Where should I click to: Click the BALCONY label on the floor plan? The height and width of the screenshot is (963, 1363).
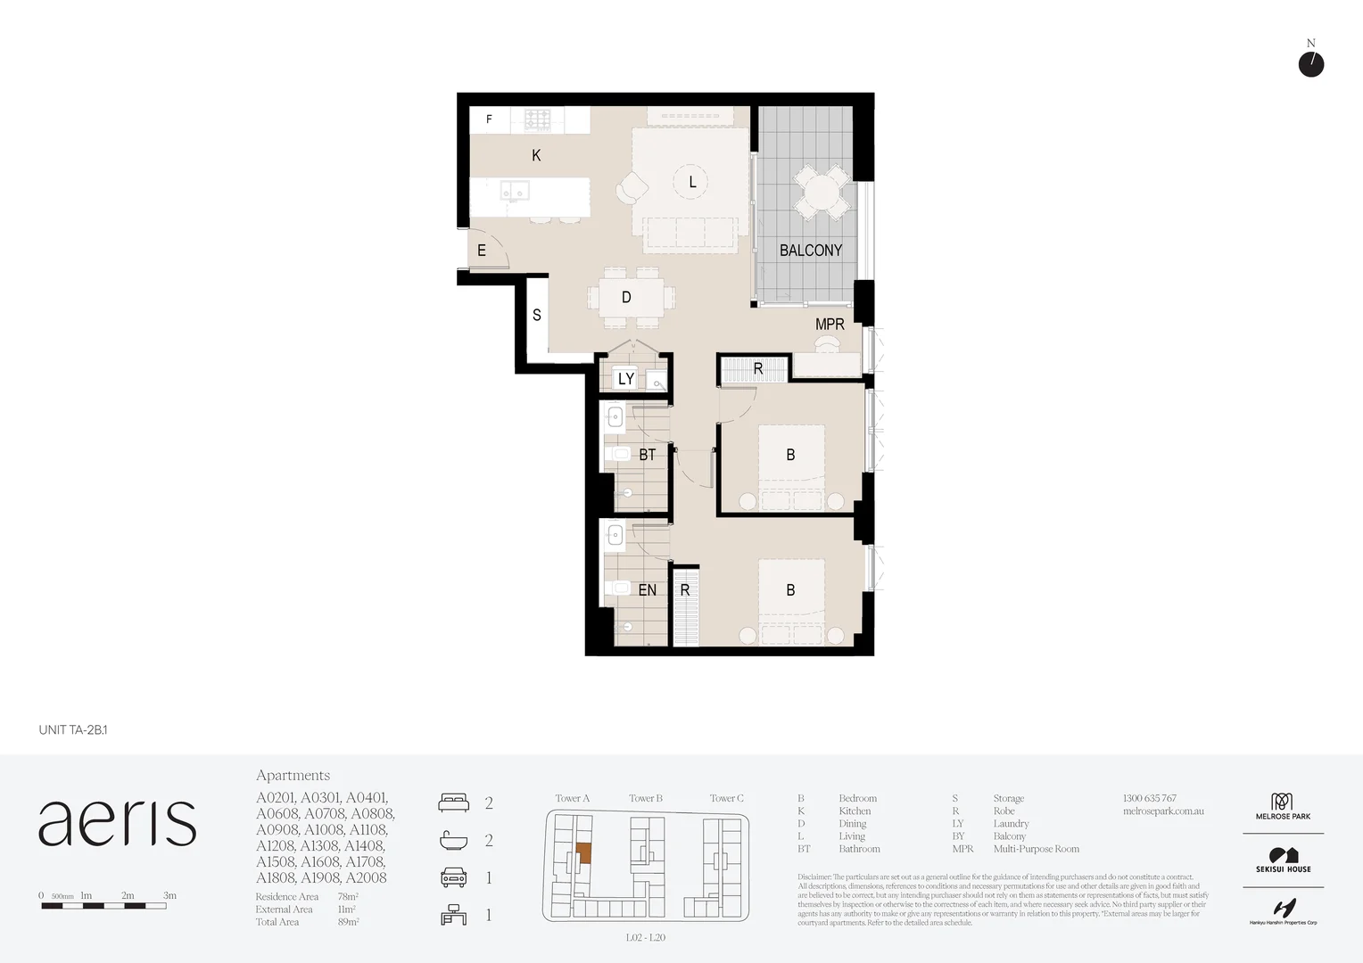coord(810,251)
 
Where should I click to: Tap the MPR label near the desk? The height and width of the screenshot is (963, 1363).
coord(829,325)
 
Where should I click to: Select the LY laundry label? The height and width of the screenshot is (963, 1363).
coord(626,379)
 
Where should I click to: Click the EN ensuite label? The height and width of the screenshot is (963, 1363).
coord(647,590)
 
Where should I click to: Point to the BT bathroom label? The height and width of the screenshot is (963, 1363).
coord(647,455)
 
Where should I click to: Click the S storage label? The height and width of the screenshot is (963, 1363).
coord(537,315)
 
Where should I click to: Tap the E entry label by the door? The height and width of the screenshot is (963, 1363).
coord(482,251)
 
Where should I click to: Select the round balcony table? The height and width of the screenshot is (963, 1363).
coord(822,192)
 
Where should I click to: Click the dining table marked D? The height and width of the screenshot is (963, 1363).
coord(627,298)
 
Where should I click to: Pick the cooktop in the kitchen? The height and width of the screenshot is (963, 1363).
coord(537,119)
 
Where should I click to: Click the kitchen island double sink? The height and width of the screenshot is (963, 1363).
coord(515,191)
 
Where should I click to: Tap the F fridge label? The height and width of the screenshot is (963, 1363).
coord(489,119)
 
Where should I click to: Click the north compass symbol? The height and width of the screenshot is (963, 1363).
coord(1310,64)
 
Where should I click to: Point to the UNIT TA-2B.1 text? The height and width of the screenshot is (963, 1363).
coord(73,730)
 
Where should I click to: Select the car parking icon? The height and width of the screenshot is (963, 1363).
coord(453,877)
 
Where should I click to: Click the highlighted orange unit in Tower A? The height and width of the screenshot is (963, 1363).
coord(582,853)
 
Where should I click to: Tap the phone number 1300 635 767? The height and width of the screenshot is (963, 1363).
coord(1149,798)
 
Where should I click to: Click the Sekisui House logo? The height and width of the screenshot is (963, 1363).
coord(1283,860)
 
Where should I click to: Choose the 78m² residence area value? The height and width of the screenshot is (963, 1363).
coord(348,897)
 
